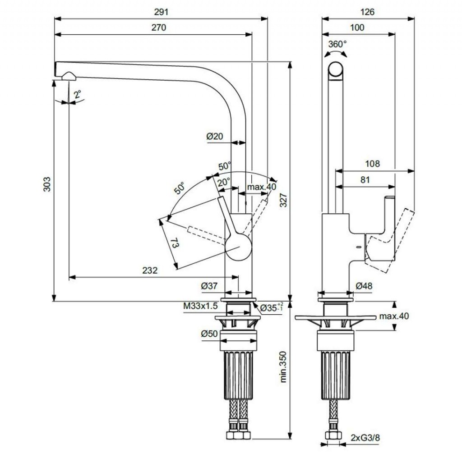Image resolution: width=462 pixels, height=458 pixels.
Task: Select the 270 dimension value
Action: point(159,27)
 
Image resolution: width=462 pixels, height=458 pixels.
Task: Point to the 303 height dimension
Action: point(47,184)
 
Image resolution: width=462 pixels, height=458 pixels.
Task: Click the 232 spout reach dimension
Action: point(150,270)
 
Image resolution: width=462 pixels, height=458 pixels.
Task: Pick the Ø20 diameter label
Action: point(215,136)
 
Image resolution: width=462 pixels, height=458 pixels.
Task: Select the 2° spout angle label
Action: point(78,95)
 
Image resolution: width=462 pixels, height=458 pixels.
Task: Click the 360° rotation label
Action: point(337,44)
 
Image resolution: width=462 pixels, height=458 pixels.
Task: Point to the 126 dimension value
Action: point(368,12)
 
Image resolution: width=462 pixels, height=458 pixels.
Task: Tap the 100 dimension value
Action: point(357,27)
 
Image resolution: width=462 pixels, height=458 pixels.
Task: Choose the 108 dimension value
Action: point(373,164)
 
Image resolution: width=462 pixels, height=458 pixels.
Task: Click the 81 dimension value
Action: point(365,179)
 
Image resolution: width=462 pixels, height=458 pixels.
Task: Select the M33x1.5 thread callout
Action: point(200,306)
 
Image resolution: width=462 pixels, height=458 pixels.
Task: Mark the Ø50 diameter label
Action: point(209,334)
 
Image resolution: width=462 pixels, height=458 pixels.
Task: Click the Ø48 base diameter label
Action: point(363,286)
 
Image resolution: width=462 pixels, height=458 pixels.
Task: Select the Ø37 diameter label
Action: point(209,285)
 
